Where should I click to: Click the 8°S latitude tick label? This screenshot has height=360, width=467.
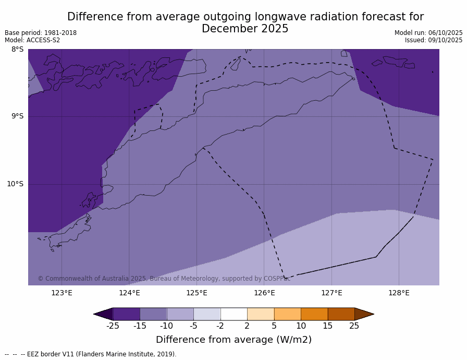pyautogui.click(x=17, y=50)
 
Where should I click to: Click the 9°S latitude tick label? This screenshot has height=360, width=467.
pyautogui.click(x=17, y=116)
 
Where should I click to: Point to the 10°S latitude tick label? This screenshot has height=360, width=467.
pyautogui.click(x=15, y=184)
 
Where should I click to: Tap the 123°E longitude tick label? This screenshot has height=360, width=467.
pyautogui.click(x=62, y=293)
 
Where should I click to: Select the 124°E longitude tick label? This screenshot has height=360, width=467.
pyautogui.click(x=129, y=293)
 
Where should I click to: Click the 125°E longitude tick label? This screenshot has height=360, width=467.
pyautogui.click(x=196, y=293)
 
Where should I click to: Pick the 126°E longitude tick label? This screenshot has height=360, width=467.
pyautogui.click(x=264, y=293)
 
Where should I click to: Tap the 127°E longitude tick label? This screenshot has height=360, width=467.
pyautogui.click(x=331, y=293)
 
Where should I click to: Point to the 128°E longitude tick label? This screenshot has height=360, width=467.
pyautogui.click(x=399, y=293)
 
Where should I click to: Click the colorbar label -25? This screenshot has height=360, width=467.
pyautogui.click(x=113, y=326)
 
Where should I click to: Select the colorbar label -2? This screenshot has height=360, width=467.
pyautogui.click(x=220, y=326)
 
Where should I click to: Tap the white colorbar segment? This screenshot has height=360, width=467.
pyautogui.click(x=233, y=314)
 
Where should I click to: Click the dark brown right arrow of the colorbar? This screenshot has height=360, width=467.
pyautogui.click(x=363, y=314)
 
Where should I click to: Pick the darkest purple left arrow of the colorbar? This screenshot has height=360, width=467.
pyautogui.click(x=104, y=314)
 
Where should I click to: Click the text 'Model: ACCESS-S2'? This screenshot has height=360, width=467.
pyautogui.click(x=32, y=40)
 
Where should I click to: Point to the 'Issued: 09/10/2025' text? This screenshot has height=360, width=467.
pyautogui.click(x=434, y=40)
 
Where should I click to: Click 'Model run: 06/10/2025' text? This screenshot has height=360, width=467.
pyautogui.click(x=428, y=33)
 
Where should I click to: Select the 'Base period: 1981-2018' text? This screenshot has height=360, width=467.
pyautogui.click(x=41, y=33)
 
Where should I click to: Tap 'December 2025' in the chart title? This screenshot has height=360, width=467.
pyautogui.click(x=245, y=29)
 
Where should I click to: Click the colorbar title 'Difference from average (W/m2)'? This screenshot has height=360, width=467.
pyautogui.click(x=233, y=340)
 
